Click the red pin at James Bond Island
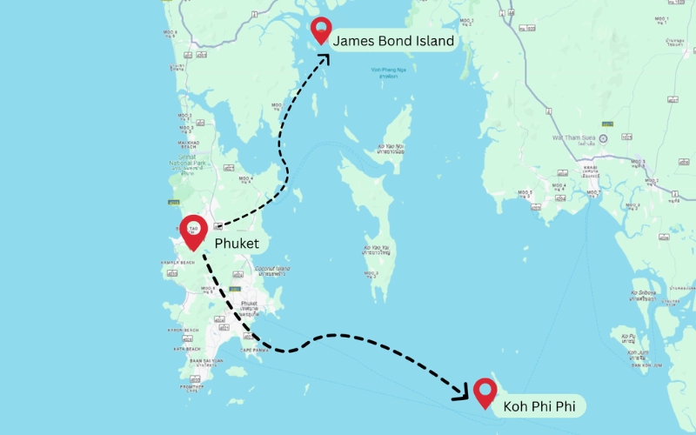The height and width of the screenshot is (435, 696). (323, 30)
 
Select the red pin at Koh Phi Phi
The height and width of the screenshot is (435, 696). (484, 392)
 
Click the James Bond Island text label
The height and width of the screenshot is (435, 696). (393, 40)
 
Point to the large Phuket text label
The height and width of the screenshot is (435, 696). (237, 243)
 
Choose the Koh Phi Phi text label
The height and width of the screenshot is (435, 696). (544, 405)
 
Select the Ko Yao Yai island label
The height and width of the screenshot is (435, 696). (377, 251)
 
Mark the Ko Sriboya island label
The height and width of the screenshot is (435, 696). (643, 295)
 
